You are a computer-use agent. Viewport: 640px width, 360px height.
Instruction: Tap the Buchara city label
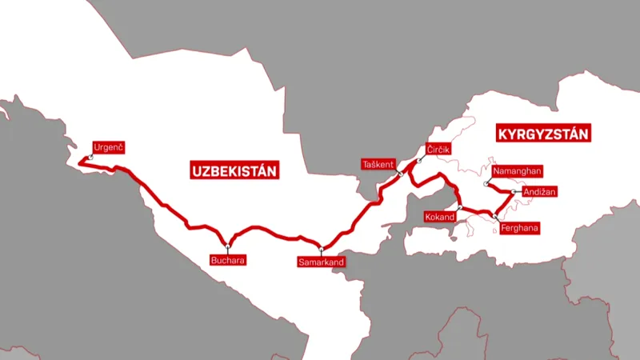(226, 260)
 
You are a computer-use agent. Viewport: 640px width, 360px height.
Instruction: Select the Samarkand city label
(320, 262)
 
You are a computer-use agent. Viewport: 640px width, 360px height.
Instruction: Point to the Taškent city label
(378, 165)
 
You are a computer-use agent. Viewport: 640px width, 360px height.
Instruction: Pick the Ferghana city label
(519, 229)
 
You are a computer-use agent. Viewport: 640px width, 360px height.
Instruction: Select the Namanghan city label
(518, 171)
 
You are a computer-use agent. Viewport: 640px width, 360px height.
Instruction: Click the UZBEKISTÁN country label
(234, 170)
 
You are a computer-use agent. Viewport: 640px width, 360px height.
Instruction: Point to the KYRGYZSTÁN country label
(543, 134)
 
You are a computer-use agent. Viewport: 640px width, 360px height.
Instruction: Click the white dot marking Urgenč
(91, 158)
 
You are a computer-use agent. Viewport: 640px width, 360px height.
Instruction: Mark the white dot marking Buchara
(228, 243)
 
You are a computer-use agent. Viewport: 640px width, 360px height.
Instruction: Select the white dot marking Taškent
(399, 173)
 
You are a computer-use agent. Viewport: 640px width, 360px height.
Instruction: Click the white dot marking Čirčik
(418, 162)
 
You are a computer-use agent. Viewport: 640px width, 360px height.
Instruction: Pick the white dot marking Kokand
(459, 208)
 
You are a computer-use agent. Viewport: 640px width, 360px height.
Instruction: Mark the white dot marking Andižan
(513, 192)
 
